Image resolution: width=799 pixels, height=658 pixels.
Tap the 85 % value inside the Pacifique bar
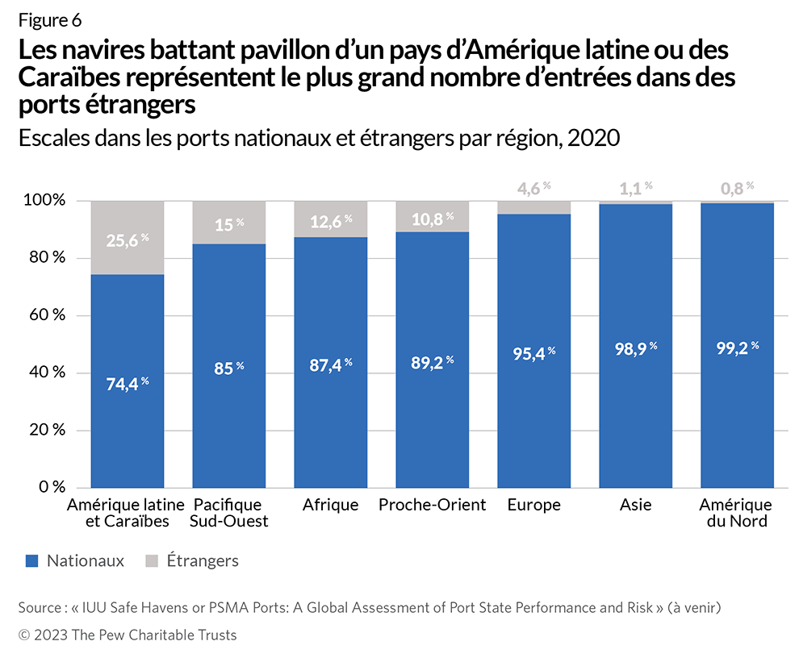tap(229, 368)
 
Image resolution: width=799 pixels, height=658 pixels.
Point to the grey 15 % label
tap(229, 225)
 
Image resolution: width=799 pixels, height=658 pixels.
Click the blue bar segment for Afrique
tap(331, 419)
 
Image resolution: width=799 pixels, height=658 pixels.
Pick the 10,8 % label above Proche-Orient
tap(433, 219)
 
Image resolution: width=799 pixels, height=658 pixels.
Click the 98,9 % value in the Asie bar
tap(635, 347)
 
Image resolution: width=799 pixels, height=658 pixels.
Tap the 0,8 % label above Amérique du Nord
tap(737, 188)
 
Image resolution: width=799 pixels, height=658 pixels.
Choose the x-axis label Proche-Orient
tap(433, 505)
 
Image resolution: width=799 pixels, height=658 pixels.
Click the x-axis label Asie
tap(636, 505)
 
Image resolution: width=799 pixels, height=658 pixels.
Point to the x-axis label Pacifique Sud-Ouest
tap(229, 513)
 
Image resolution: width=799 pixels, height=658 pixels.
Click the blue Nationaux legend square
tap(32, 560)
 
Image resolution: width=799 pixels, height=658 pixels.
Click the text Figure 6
tap(49, 20)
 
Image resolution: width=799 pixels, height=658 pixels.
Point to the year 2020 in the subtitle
tap(593, 138)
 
